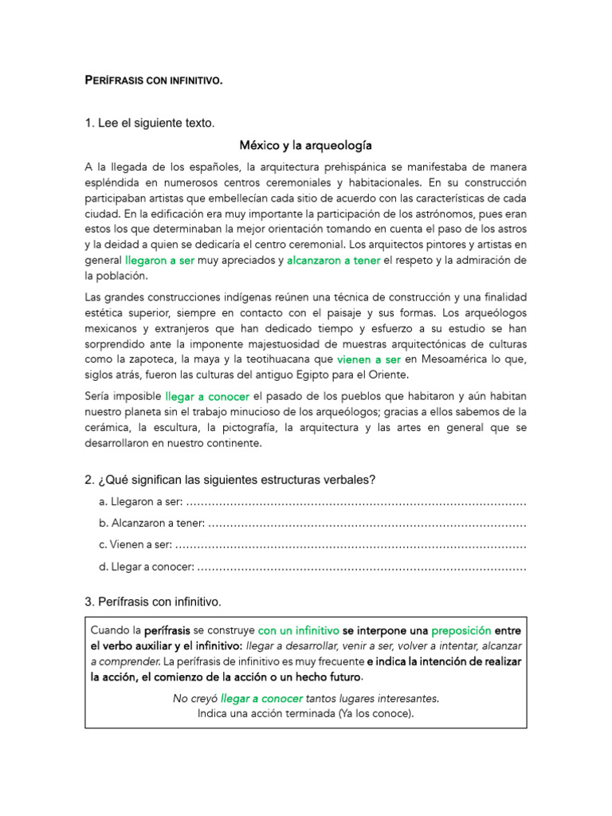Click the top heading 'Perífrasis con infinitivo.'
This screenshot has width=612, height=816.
(154, 80)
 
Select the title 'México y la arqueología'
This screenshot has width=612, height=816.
(306, 146)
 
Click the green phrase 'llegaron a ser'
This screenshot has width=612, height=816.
(159, 261)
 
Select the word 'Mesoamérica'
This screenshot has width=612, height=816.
(453, 359)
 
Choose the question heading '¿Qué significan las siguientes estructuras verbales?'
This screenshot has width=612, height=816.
(236, 480)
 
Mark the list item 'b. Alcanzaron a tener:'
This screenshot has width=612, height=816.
(152, 524)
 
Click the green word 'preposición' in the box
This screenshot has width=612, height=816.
(461, 630)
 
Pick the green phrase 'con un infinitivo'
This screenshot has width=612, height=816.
(298, 630)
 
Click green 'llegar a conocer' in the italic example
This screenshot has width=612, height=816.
(261, 698)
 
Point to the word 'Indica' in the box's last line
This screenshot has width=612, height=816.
(214, 713)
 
